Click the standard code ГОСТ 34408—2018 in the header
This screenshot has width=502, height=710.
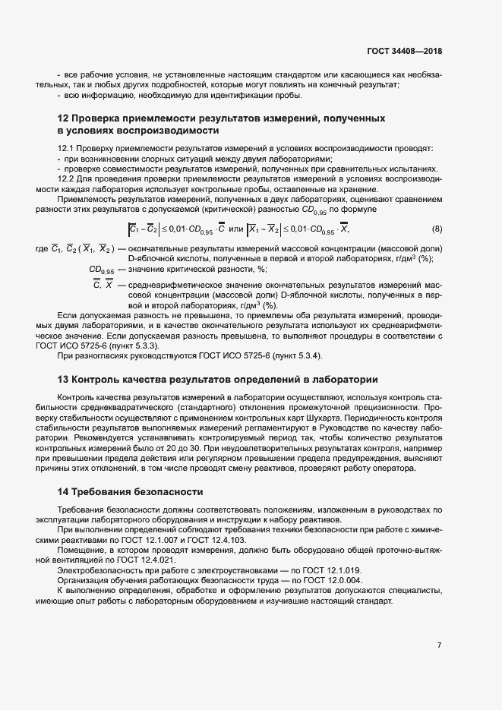tap(404, 52)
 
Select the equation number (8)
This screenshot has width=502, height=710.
tap(437, 229)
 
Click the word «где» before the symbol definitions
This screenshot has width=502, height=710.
tap(42, 250)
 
